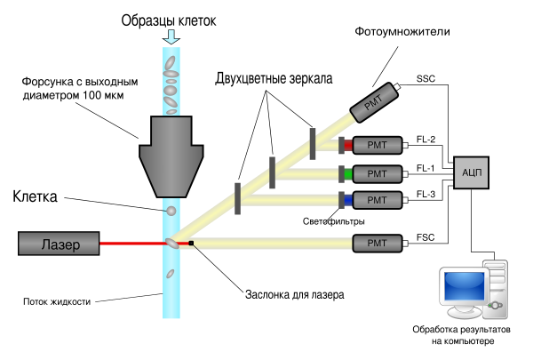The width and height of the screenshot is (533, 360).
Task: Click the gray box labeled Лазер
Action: (59, 244)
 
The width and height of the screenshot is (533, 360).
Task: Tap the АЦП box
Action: (471, 172)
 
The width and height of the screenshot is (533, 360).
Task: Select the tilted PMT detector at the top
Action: (373, 102)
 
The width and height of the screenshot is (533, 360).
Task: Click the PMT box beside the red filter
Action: (378, 146)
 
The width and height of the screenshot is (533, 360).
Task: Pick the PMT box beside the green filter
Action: (378, 173)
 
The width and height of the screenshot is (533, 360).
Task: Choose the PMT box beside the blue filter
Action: (378, 200)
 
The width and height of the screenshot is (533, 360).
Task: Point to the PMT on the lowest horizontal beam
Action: (378, 243)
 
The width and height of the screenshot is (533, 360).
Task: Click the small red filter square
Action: (348, 146)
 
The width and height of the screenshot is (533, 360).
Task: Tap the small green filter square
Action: (348, 173)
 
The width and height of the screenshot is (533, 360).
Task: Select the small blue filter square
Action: (348, 200)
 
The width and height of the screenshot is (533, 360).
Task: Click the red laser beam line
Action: (133, 243)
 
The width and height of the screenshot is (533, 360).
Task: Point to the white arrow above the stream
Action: (171, 36)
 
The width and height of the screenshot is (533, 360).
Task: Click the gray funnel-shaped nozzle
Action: (171, 156)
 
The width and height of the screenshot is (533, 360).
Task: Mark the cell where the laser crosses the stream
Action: (171, 243)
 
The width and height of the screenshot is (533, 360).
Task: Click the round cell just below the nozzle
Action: (171, 211)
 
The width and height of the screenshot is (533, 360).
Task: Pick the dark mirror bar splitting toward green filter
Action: (273, 172)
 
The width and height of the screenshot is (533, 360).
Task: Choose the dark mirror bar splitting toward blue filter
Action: (237, 198)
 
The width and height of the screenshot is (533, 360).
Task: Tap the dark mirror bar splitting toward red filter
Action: (313, 144)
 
